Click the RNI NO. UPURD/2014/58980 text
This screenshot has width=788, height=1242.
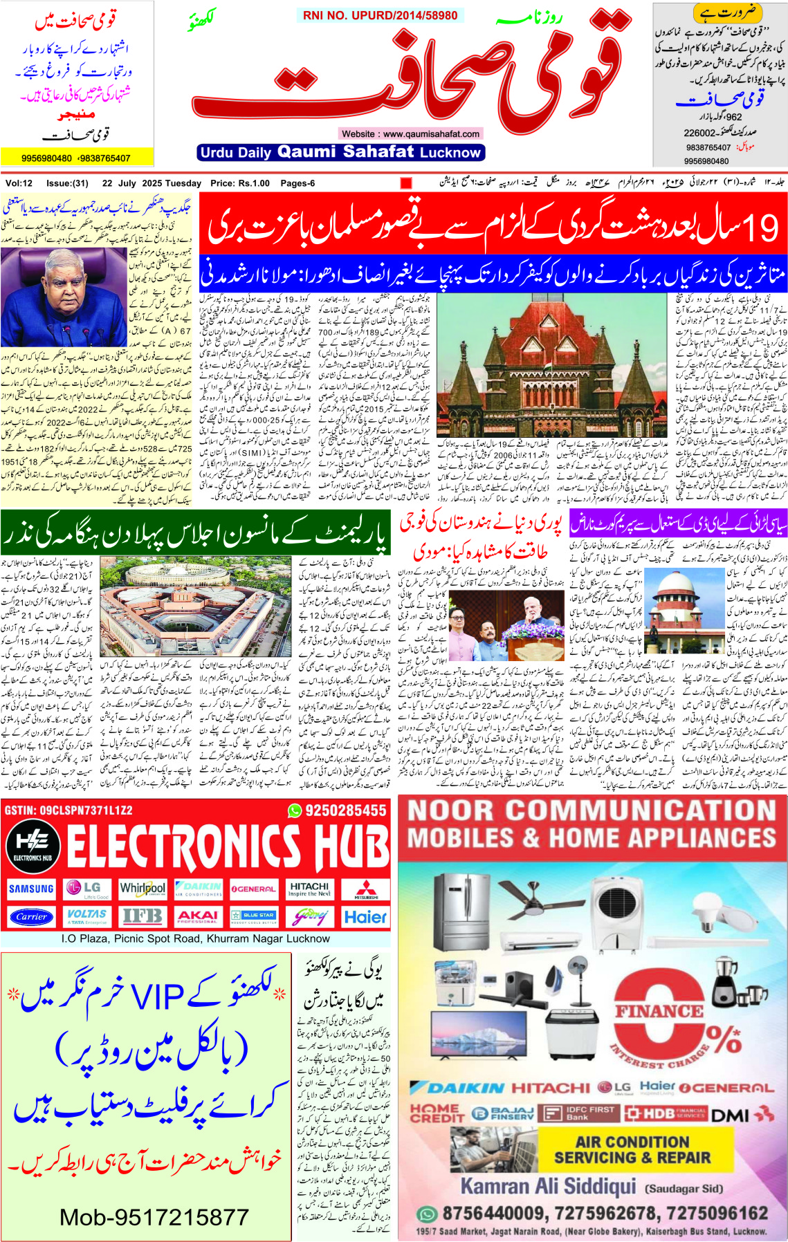tap(380, 15)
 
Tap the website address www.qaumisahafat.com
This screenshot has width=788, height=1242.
tap(410, 133)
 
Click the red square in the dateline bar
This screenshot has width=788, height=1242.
tap(406, 183)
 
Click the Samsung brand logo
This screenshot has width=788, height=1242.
tap(31, 889)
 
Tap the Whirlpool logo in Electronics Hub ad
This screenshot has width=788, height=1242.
tap(143, 889)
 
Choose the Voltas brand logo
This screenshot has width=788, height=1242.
tap(87, 916)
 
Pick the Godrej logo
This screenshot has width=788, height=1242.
tap(309, 916)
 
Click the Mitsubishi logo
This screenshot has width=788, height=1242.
tap(366, 889)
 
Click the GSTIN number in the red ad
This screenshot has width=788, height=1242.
tap(68, 810)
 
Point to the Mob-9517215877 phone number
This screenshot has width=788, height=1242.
tap(154, 1216)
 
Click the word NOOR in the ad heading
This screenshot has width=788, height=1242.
tap(452, 810)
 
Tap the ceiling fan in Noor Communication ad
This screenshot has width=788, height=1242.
tap(529, 898)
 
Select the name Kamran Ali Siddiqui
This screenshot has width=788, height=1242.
tap(548, 1186)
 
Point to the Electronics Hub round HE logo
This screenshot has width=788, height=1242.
tap(33, 844)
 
